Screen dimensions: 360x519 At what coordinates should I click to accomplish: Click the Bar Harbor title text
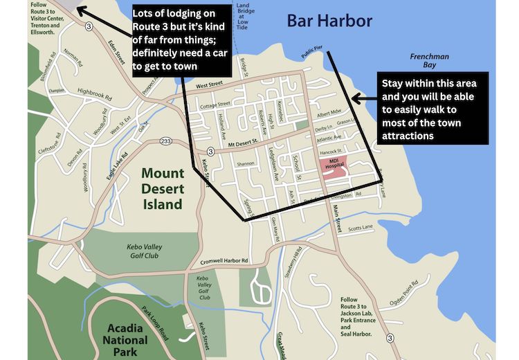[329, 21]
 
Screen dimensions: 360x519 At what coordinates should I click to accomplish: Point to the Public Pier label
[313, 52]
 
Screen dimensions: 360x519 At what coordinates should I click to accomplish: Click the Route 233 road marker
[165, 141]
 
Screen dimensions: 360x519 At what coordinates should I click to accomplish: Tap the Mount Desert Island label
[163, 188]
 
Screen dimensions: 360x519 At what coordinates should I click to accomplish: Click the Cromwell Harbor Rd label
[224, 261]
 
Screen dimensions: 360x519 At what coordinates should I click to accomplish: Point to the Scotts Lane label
[361, 227]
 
